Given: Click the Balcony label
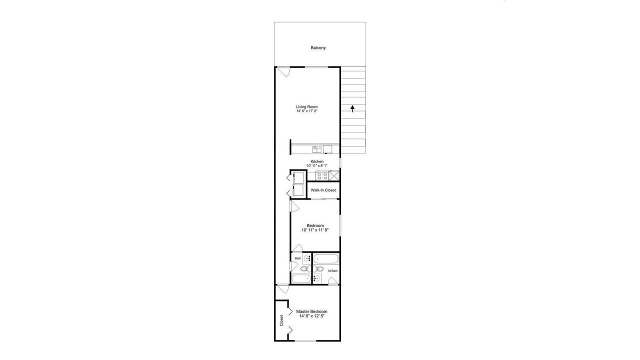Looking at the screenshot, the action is click(x=318, y=47).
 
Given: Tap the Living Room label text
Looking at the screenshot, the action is click(x=307, y=106).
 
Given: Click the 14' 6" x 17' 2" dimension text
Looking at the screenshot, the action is click(x=307, y=111).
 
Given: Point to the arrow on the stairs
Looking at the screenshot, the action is click(x=352, y=108).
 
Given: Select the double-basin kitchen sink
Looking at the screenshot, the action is click(x=317, y=149).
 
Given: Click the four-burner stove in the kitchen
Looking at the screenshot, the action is click(x=322, y=175).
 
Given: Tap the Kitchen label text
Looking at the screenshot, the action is click(x=317, y=161).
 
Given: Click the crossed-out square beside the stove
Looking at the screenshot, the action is click(x=333, y=175).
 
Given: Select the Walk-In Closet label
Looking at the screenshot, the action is click(x=323, y=190).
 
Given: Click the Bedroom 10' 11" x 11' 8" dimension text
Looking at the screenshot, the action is click(x=315, y=230).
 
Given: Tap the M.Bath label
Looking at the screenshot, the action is click(x=333, y=271).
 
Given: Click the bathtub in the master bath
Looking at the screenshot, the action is click(x=326, y=259).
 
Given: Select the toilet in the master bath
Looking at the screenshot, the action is click(x=318, y=269).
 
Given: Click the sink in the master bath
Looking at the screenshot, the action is click(x=317, y=278).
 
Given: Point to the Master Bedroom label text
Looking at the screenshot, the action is click(x=311, y=311).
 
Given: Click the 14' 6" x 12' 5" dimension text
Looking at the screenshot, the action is click(x=311, y=316).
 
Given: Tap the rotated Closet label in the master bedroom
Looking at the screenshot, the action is click(x=281, y=320).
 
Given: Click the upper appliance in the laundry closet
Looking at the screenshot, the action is click(x=298, y=177).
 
